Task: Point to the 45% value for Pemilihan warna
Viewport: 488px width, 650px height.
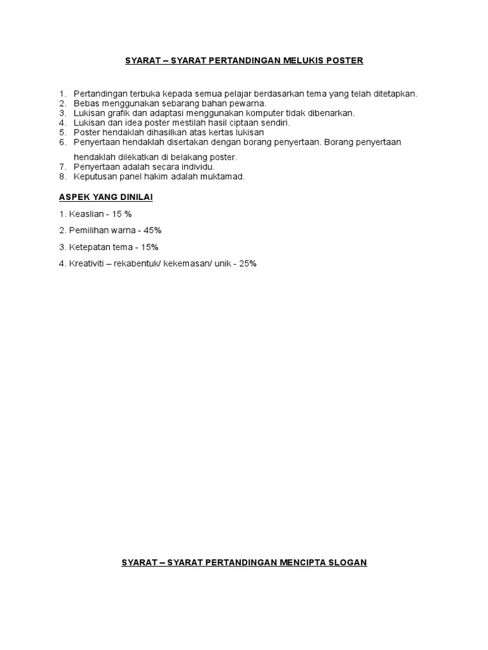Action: tap(161, 230)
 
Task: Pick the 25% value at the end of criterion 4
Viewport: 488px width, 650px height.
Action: tap(248, 263)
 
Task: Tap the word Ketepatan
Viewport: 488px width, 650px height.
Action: tap(90, 247)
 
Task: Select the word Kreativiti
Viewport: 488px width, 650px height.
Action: tap(88, 263)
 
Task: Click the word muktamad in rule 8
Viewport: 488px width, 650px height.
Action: tap(222, 177)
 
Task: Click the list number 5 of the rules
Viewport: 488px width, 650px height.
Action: tap(62, 132)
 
